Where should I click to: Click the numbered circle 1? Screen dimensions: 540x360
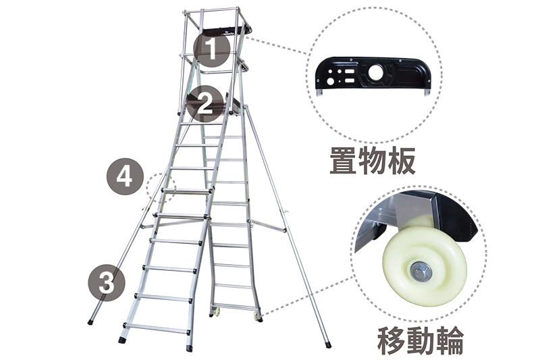click(x=211, y=49)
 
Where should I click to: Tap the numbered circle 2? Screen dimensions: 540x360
click(x=205, y=103)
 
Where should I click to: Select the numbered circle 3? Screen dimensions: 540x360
click(x=107, y=283)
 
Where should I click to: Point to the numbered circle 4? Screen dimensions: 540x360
click(x=125, y=177)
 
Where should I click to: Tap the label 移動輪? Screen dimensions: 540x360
click(x=420, y=340)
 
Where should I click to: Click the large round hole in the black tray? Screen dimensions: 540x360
click(x=377, y=73)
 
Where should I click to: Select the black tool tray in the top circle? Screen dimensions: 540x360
click(x=373, y=74)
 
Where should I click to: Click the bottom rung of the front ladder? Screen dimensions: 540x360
click(x=157, y=328)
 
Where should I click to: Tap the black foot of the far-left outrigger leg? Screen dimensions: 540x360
click(x=90, y=322)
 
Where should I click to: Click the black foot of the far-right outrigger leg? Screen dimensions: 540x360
click(x=328, y=344)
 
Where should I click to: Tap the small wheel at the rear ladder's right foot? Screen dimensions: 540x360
click(x=256, y=315)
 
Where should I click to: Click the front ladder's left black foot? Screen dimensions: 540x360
click(x=122, y=340)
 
